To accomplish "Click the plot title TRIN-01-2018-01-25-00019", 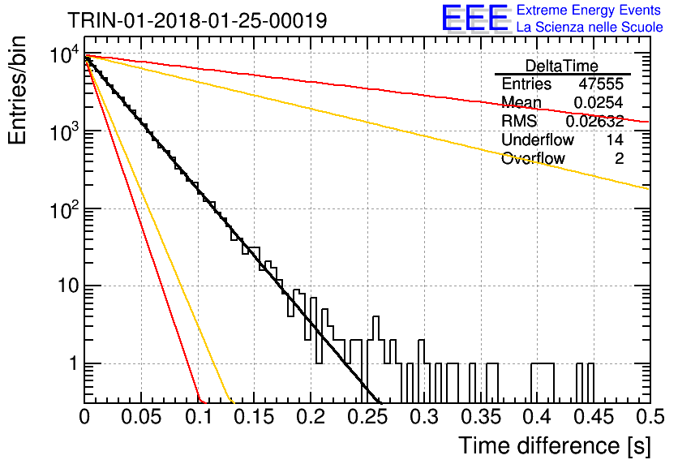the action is (x=197, y=20).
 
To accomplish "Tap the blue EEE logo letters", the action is (x=475, y=18).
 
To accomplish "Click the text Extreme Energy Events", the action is (x=589, y=10).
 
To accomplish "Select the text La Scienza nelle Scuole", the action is (x=590, y=27).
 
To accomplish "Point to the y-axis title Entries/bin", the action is (x=17, y=91).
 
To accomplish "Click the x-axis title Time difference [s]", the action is (x=555, y=446).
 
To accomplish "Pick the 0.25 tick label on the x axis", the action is (x=367, y=417).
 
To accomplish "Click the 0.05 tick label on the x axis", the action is (x=141, y=417).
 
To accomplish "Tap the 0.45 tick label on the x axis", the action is (x=594, y=417).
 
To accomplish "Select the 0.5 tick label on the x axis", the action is (x=650, y=417).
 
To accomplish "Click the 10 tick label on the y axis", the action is (x=68, y=286).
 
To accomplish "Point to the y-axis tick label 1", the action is (x=74, y=363).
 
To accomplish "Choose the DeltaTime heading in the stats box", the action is (x=562, y=66).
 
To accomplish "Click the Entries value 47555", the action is (x=601, y=84).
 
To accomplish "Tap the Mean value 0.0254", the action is (x=599, y=102).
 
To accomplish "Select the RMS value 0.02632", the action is (x=594, y=121).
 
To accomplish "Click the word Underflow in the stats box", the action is (x=538, y=140).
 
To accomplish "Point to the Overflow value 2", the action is (x=619, y=158).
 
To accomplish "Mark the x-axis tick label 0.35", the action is (x=481, y=417).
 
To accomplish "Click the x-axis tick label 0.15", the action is (x=255, y=417).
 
